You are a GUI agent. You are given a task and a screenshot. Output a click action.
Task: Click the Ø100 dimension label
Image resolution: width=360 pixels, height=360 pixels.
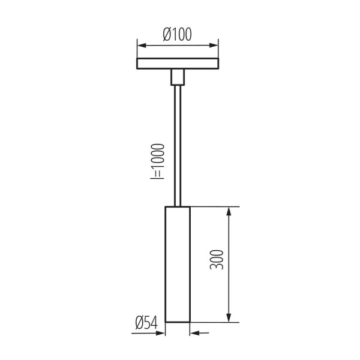177,34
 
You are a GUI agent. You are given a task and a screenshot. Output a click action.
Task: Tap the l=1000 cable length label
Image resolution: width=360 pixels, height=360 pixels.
158,161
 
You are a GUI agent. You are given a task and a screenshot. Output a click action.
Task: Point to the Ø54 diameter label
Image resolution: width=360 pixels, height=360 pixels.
146,323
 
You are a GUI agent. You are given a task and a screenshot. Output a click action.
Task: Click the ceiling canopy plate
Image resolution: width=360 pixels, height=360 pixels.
177,64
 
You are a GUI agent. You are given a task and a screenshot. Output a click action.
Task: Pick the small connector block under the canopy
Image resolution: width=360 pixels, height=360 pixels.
177,77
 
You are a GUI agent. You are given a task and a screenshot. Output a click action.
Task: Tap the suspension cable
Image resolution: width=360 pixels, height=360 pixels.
177,144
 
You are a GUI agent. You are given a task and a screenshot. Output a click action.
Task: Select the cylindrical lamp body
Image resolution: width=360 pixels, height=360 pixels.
178,264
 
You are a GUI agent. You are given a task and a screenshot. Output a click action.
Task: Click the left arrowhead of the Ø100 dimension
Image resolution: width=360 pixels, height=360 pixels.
140,45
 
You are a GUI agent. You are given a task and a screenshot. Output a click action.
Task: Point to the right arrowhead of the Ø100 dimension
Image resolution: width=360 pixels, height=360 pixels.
214,45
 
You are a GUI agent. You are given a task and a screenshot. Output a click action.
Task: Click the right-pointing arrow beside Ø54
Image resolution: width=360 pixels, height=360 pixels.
161,333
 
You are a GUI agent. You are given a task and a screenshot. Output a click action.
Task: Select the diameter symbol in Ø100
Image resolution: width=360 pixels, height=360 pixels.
168,34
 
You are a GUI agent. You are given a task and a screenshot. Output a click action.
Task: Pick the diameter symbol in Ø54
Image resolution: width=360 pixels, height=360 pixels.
139,323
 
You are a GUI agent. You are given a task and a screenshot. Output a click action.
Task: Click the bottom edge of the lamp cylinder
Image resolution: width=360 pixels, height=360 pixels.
178,322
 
